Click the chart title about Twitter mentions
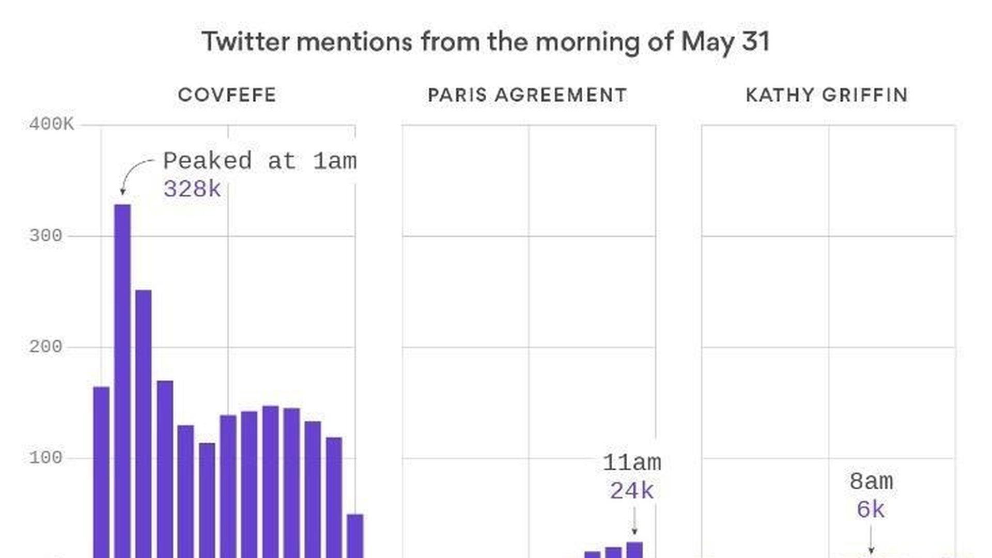tap(486, 41)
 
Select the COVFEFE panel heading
tap(227, 95)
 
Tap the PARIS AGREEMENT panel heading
tap(528, 95)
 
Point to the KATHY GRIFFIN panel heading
tap(827, 95)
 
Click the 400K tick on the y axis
tap(51, 124)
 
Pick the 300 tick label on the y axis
tap(45, 236)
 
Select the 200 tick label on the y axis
tap(45, 347)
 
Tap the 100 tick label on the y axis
tap(45, 458)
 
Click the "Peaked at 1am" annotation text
tap(260, 161)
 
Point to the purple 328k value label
tap(192, 189)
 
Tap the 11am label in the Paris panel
tap(632, 462)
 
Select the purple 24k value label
tap(632, 491)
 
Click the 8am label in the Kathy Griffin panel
tap(871, 482)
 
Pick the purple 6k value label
tap(871, 510)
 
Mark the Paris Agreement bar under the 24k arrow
tap(634, 550)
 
